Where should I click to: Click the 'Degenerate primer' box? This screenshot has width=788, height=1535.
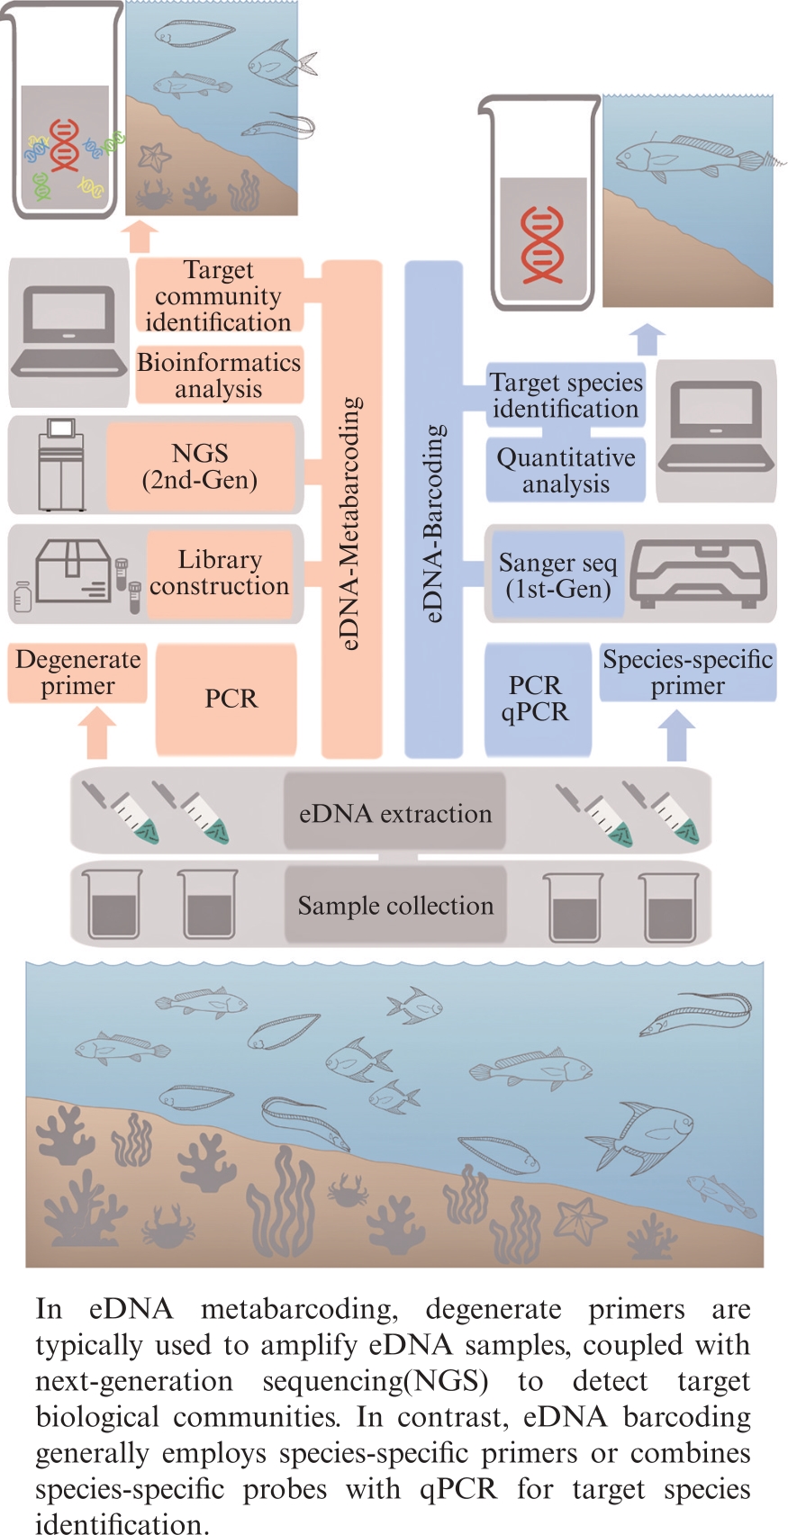[x=77, y=673]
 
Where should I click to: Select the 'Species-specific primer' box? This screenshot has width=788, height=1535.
[x=687, y=673]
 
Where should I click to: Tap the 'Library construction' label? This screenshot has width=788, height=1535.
[x=220, y=573]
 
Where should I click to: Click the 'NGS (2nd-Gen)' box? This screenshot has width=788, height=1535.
[x=200, y=466]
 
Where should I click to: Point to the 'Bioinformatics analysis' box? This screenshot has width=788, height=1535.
[x=219, y=375]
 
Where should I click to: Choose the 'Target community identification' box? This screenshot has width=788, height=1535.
[x=218, y=295]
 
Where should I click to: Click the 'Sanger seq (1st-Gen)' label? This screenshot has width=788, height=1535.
[x=557, y=576]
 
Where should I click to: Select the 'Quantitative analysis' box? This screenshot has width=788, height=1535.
[x=566, y=470]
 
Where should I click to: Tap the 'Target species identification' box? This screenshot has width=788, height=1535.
[x=566, y=395]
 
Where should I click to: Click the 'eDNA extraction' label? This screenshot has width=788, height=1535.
[x=395, y=813]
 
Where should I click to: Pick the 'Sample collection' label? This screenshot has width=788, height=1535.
[x=395, y=905]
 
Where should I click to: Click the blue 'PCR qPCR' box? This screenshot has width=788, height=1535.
[x=537, y=699]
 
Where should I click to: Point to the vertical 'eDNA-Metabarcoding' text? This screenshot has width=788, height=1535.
[x=352, y=522]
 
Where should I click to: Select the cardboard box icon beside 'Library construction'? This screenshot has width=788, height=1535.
[x=73, y=571]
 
